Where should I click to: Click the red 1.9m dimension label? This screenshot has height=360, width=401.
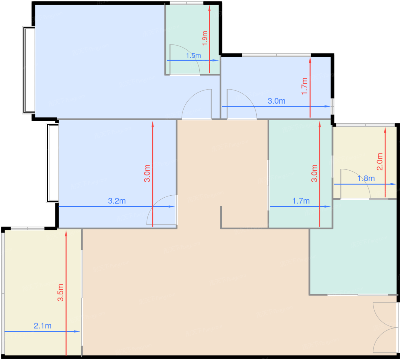(x=205, y=38)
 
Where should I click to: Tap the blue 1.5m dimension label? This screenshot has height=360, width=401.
(x=193, y=56)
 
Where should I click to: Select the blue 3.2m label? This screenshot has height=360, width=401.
(x=117, y=201)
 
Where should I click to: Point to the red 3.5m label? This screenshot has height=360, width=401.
(x=60, y=292)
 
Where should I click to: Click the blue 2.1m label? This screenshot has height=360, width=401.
(x=43, y=326)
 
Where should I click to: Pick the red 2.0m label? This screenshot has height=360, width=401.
(x=380, y=162)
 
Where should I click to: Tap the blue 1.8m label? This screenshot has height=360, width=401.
(x=366, y=179)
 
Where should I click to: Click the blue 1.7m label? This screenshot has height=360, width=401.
(x=301, y=201)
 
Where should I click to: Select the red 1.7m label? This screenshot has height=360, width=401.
(x=304, y=86)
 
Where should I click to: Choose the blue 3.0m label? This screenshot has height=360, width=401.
(x=276, y=101)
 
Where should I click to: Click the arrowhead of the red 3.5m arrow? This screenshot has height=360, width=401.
(x=66, y=233)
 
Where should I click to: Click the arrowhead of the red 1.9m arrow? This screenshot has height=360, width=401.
(x=209, y=8)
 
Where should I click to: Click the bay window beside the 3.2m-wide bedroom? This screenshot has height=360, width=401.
(x=52, y=163)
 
